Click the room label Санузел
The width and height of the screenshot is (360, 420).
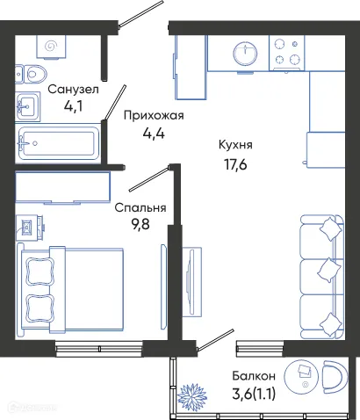[x=73, y=90]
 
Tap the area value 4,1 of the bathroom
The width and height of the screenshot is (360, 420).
[x=73, y=109]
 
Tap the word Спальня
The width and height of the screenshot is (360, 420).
[x=140, y=208]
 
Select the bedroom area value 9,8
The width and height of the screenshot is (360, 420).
[x=140, y=228]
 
